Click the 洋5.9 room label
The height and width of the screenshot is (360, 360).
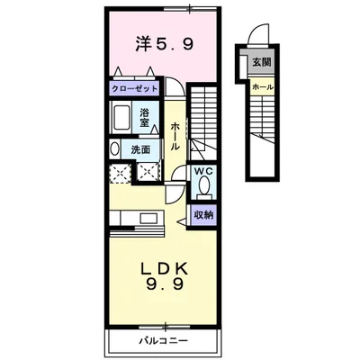pyautogui.click(x=164, y=45)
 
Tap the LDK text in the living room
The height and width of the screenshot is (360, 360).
pyautogui.click(x=165, y=268)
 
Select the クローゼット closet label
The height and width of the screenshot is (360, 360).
pyautogui.click(x=134, y=88)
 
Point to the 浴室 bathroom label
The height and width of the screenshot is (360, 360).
pyautogui.click(x=145, y=117)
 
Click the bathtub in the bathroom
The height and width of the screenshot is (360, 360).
pyautogui.click(x=121, y=117)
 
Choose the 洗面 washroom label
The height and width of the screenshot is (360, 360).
pyautogui.click(x=140, y=149)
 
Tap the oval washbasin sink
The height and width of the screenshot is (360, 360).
pyautogui.click(x=114, y=149)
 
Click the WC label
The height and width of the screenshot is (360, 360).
pyautogui.click(x=204, y=172)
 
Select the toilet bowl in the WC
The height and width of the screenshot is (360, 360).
pyautogui.click(x=205, y=185)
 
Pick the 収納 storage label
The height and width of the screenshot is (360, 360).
pyautogui.click(x=203, y=215)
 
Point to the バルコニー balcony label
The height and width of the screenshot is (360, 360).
pyautogui.click(x=164, y=341)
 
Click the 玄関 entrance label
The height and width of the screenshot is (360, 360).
pyautogui.click(x=262, y=62)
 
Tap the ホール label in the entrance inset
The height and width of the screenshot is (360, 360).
pyautogui.click(x=263, y=87)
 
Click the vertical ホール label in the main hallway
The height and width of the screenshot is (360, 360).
pyautogui.click(x=175, y=137)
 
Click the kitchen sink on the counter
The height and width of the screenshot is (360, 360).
pyautogui.click(x=149, y=218)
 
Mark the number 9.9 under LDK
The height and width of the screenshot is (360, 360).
pyautogui.click(x=165, y=285)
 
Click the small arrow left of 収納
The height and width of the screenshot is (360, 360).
pyautogui.click(x=182, y=221)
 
